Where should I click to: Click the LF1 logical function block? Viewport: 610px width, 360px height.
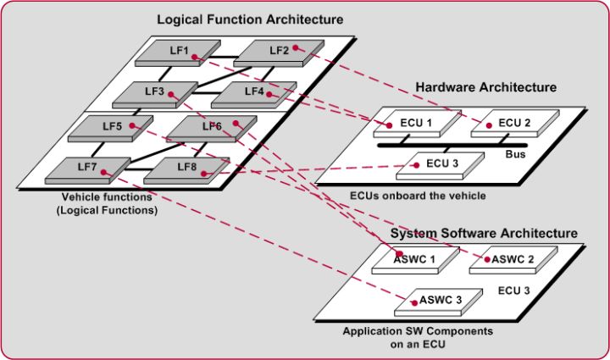click(178, 53)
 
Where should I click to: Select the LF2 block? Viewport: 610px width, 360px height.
click(279, 53)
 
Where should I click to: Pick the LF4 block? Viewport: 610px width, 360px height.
click(254, 95)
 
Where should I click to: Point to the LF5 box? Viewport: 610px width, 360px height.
click(111, 128)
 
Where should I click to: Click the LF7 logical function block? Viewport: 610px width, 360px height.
click(88, 170)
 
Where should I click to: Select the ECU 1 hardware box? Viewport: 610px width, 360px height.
click(418, 124)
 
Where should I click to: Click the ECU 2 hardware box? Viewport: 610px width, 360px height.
click(515, 124)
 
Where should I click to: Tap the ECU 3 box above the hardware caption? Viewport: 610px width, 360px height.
click(441, 166)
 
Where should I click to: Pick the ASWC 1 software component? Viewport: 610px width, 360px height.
click(416, 260)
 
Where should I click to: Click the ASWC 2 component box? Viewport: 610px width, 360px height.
click(513, 260)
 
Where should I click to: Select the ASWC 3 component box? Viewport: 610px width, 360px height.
click(439, 302)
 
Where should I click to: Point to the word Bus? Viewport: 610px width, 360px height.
click(515, 154)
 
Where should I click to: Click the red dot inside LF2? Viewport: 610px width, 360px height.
click(296, 47)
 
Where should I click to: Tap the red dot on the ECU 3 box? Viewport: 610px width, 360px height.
click(417, 165)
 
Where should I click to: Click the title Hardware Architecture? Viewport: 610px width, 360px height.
click(486, 87)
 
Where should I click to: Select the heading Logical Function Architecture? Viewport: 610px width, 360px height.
click(250, 19)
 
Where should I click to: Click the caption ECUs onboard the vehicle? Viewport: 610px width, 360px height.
click(418, 195)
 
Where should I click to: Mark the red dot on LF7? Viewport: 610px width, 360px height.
click(103, 172)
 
